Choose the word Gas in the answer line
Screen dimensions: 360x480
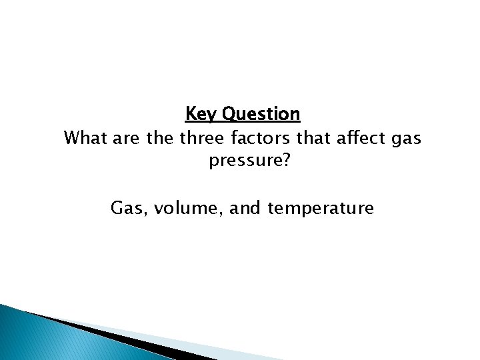click(x=127, y=209)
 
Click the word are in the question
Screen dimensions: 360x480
click(x=127, y=139)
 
